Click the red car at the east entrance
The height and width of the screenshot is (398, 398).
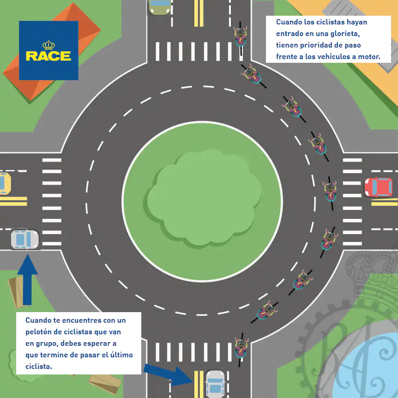point(378,187)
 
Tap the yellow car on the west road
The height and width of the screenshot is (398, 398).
point(4,183)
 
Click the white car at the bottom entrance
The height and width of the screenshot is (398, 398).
point(215,384)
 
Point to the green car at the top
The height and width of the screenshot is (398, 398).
point(160,7)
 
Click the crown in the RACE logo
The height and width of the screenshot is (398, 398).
point(48,45)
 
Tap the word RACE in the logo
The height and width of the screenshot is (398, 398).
point(48,56)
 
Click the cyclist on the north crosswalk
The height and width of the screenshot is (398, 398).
point(240,37)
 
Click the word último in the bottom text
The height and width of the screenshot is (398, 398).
point(121,355)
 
